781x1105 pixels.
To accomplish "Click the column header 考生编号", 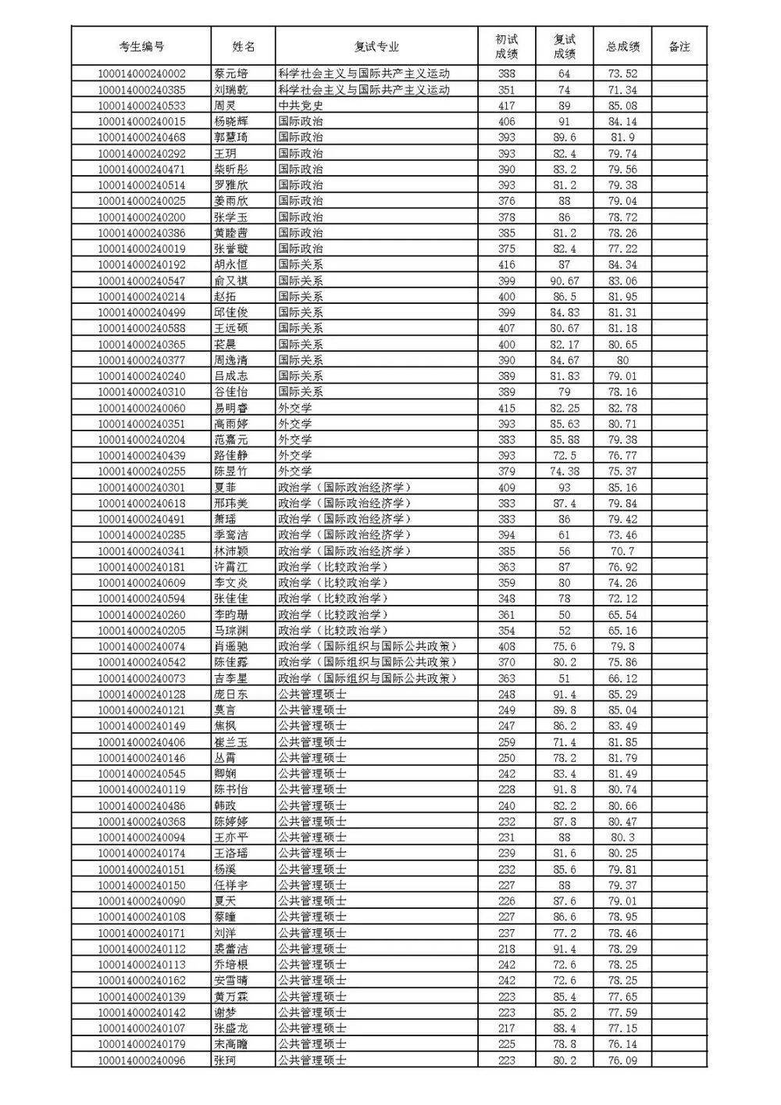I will click(x=141, y=47).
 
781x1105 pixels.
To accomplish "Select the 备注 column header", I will click(x=679, y=47).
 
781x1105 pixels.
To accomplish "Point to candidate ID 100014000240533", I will click(x=141, y=105).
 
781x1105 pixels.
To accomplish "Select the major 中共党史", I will click(x=301, y=105).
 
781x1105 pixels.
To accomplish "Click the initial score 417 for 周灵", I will click(x=506, y=105).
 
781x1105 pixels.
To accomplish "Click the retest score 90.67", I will click(x=564, y=281).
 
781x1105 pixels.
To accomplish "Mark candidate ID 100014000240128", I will click(x=141, y=694).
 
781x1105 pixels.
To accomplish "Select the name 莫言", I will click(x=225, y=710).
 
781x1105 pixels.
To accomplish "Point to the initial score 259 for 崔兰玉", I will click(x=506, y=742).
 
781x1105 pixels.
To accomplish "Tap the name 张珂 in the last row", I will click(x=225, y=1060).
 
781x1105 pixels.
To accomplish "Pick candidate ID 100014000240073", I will click(x=141, y=678).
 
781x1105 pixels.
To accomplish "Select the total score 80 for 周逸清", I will click(x=622, y=359).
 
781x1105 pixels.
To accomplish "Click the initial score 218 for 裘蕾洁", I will click(x=506, y=948).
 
